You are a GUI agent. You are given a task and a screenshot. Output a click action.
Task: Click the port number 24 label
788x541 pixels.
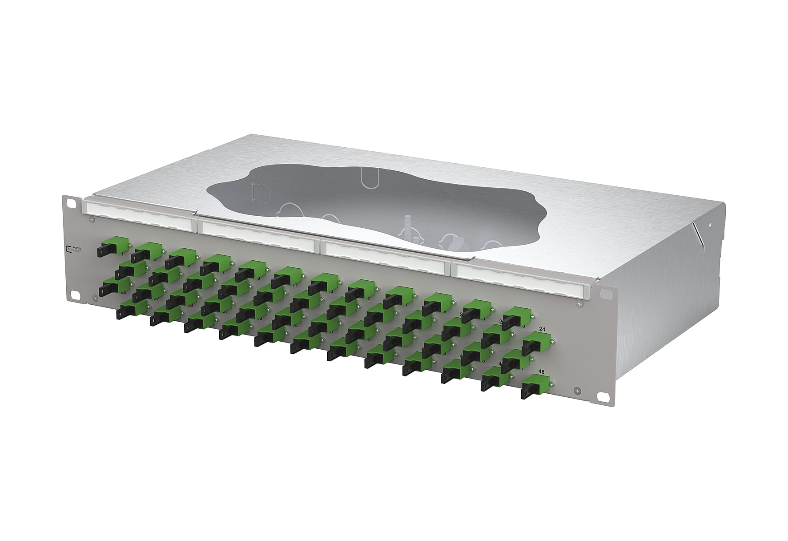pyautogui.click(x=542, y=329)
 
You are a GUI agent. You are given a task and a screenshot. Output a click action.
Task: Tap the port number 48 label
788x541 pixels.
pyautogui.click(x=542, y=371)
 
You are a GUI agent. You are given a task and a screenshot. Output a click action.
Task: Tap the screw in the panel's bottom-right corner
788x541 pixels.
pyautogui.click(x=577, y=391)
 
